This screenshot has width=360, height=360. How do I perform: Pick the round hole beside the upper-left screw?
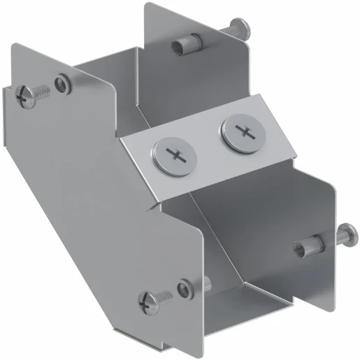(64, 84)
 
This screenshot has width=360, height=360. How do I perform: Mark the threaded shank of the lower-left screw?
(164, 296)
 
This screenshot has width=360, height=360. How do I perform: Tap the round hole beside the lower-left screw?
(184, 287)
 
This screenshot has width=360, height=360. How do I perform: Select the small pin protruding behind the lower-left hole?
(208, 284)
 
